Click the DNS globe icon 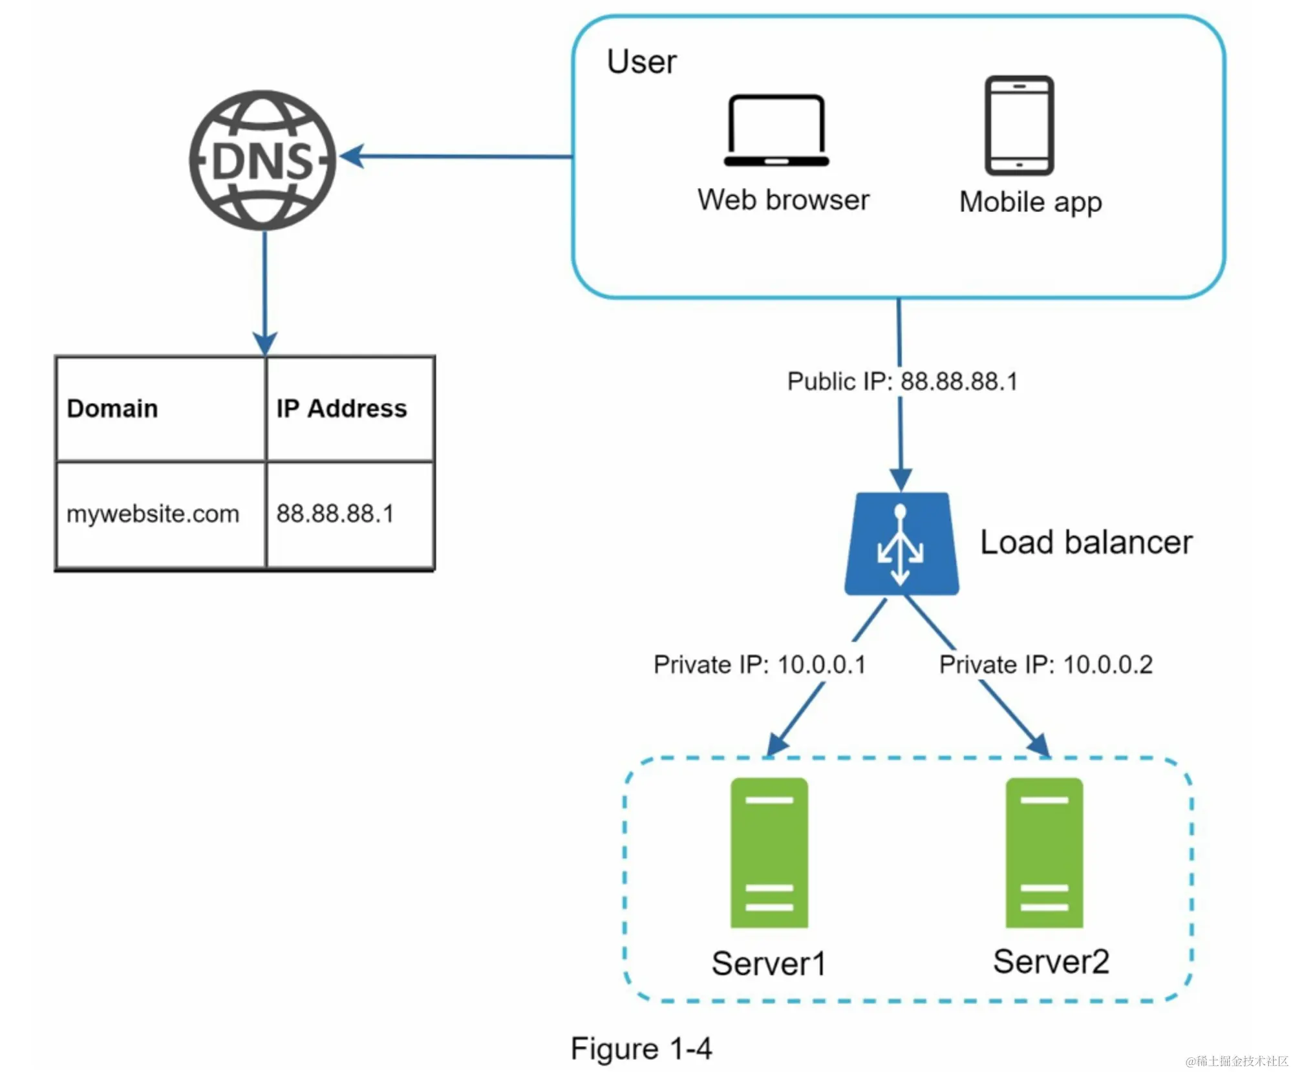tap(262, 160)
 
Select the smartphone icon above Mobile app tap(1019, 125)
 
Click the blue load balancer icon tap(901, 544)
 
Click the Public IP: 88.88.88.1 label tap(903, 381)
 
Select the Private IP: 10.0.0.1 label tap(760, 664)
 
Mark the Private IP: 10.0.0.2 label tap(1045, 664)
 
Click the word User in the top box tap(641, 62)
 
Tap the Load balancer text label tap(1086, 542)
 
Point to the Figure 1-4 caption tap(641, 1048)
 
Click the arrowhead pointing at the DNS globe tap(352, 156)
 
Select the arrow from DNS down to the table tap(264, 291)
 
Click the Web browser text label tap(783, 200)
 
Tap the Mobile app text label tap(1031, 202)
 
